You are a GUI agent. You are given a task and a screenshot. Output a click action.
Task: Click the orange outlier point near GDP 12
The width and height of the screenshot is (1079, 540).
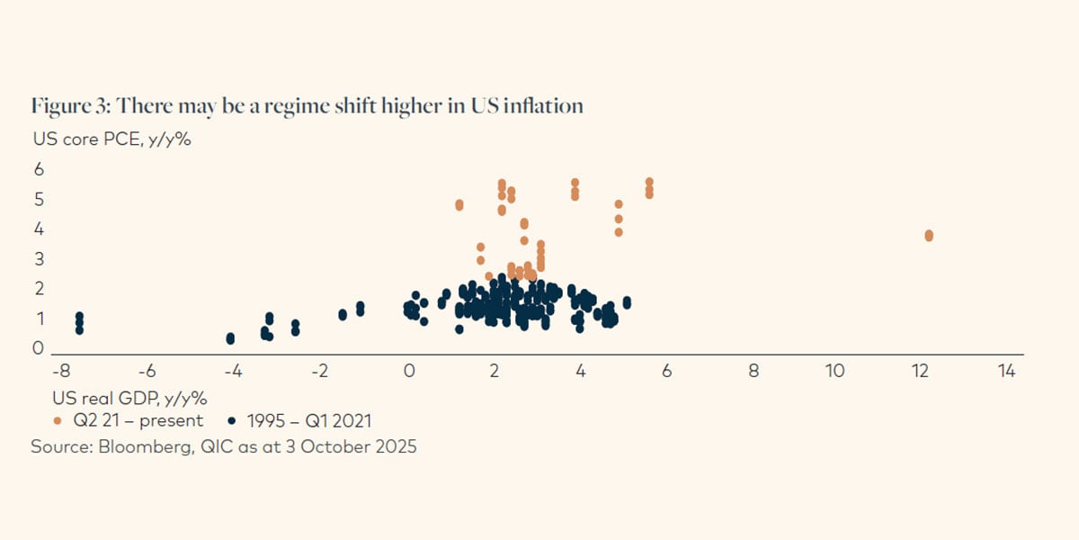point(929,236)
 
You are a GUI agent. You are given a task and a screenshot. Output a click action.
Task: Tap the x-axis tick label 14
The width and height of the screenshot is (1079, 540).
point(1005,371)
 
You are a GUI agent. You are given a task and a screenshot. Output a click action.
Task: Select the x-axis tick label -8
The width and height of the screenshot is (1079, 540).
point(61,371)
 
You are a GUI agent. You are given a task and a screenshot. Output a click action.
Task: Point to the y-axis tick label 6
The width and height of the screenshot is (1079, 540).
point(39,169)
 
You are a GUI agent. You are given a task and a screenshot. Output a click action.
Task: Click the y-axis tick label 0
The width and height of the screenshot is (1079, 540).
point(39,348)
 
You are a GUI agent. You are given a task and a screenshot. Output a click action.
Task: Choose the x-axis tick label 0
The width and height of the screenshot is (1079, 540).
point(409,371)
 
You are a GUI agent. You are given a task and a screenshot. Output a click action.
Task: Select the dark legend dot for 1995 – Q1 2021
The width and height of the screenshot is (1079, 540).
point(233,420)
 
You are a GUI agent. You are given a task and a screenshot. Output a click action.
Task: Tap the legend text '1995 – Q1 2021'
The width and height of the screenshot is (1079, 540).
point(307,420)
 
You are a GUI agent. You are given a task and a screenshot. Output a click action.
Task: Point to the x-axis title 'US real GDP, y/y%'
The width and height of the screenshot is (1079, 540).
point(113,396)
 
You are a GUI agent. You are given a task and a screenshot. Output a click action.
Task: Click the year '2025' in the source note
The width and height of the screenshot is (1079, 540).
point(397,446)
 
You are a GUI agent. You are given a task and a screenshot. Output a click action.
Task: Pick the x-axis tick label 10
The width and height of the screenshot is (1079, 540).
point(834,371)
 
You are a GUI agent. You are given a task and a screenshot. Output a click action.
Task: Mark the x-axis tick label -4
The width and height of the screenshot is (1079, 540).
point(233,371)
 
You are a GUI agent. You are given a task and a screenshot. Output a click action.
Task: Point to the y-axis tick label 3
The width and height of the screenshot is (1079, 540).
point(39,259)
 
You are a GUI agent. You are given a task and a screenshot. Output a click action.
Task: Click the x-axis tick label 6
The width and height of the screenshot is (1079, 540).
point(666,371)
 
